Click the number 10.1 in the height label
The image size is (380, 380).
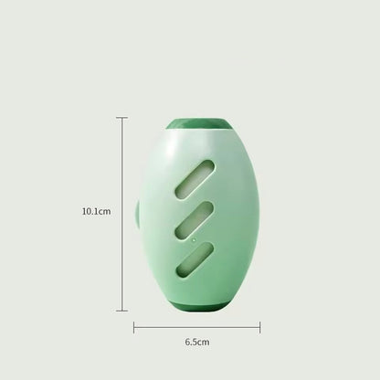(x=90, y=211)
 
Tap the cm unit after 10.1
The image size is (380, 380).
(x=105, y=212)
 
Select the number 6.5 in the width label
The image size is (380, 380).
(x=191, y=342)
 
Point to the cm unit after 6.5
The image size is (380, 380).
(x=204, y=343)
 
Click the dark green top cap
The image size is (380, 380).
(x=199, y=124)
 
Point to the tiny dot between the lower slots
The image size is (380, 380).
(x=194, y=240)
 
